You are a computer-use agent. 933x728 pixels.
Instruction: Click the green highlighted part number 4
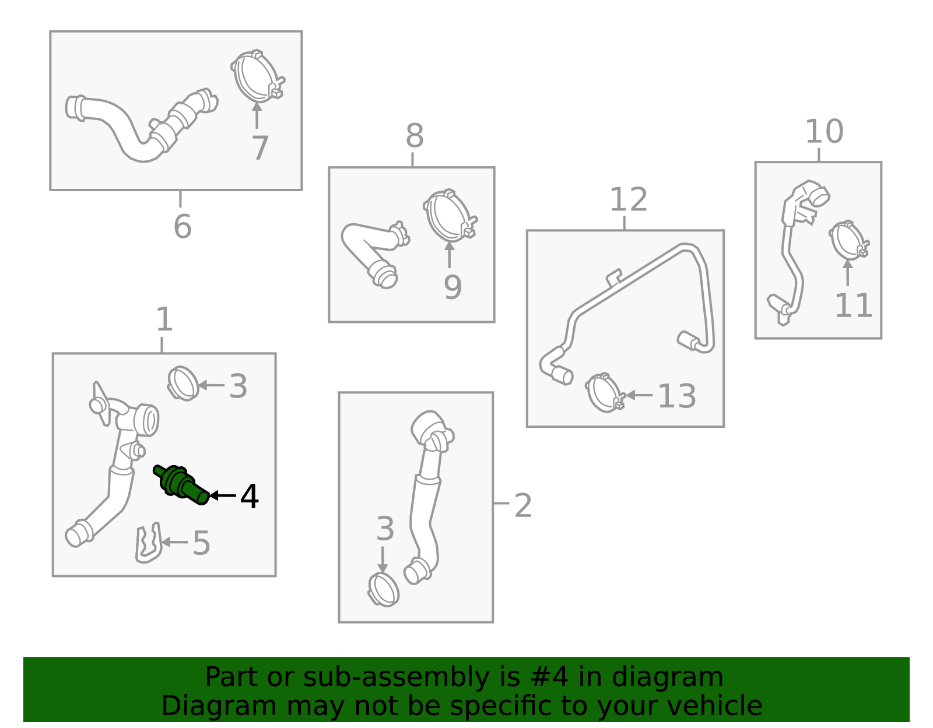(181, 485)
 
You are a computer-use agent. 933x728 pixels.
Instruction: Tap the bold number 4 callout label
(249, 497)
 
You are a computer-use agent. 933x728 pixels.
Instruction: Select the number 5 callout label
(201, 543)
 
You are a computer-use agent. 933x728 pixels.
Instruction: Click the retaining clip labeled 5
(148, 543)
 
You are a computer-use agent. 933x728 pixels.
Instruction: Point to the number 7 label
(259, 148)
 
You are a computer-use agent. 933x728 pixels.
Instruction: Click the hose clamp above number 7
(258, 76)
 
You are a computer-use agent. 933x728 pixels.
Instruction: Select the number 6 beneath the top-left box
(183, 226)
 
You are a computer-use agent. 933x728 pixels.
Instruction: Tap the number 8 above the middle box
(415, 136)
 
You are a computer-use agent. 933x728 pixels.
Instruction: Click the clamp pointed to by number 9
(450, 215)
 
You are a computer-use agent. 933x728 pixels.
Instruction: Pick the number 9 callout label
(453, 287)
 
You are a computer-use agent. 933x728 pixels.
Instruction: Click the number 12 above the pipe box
(629, 199)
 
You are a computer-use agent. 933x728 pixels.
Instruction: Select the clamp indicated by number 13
(605, 392)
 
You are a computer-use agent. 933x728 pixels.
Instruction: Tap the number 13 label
(676, 396)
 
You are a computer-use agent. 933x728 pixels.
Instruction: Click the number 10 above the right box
(824, 131)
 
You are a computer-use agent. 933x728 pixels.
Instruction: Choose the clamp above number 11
(848, 240)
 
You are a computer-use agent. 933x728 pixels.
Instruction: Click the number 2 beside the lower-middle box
(523, 505)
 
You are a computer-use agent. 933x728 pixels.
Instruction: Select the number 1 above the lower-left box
(164, 319)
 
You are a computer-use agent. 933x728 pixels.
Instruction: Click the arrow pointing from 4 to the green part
(222, 495)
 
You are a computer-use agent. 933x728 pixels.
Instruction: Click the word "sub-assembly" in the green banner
(397, 677)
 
